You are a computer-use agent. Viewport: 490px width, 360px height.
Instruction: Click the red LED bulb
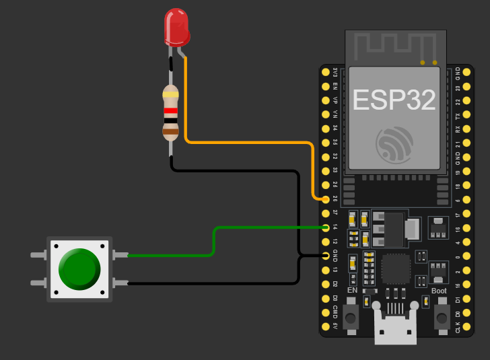[x=177, y=26]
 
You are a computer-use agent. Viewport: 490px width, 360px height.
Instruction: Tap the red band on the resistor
[x=171, y=110]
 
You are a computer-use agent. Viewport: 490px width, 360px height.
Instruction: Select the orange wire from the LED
[x=249, y=142]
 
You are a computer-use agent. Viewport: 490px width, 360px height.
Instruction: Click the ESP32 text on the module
[x=394, y=100]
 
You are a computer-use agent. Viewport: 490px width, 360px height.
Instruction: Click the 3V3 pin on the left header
[x=326, y=71]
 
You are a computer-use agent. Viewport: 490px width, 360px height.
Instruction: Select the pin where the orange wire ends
[x=326, y=199]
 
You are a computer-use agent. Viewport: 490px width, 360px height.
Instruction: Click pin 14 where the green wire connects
[x=326, y=227]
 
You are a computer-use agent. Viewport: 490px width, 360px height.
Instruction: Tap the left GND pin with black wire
[x=326, y=256]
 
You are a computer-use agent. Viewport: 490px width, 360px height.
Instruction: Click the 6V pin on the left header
[x=326, y=327]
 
